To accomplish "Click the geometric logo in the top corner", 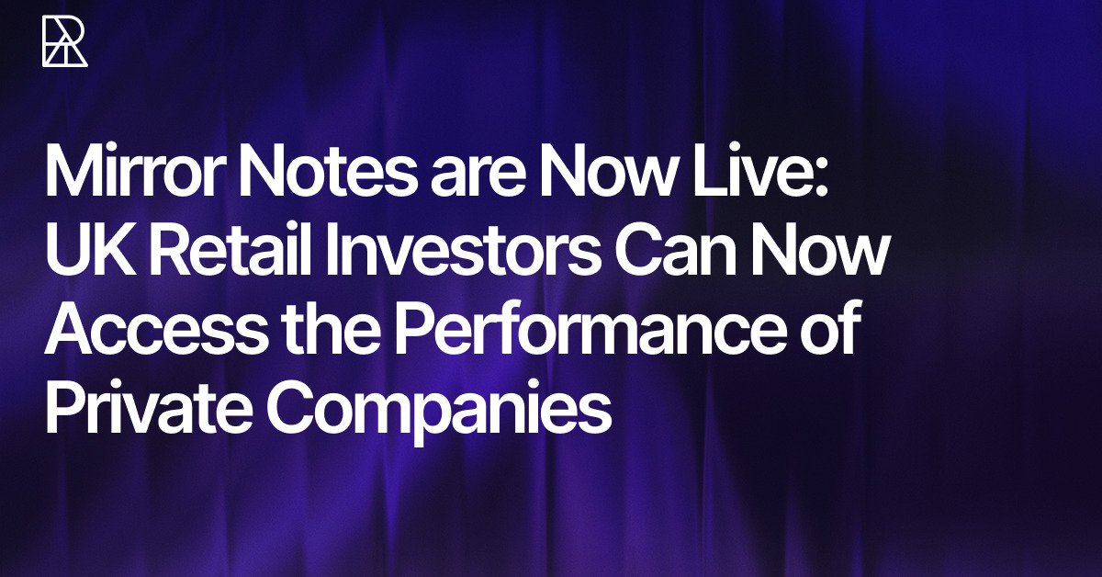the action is [x=65, y=40].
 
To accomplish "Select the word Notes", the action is [x=327, y=172].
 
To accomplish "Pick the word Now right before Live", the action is [x=607, y=172].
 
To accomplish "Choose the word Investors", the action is [x=463, y=251].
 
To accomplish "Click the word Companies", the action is [x=439, y=414].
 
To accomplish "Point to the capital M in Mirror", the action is [x=73, y=171].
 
